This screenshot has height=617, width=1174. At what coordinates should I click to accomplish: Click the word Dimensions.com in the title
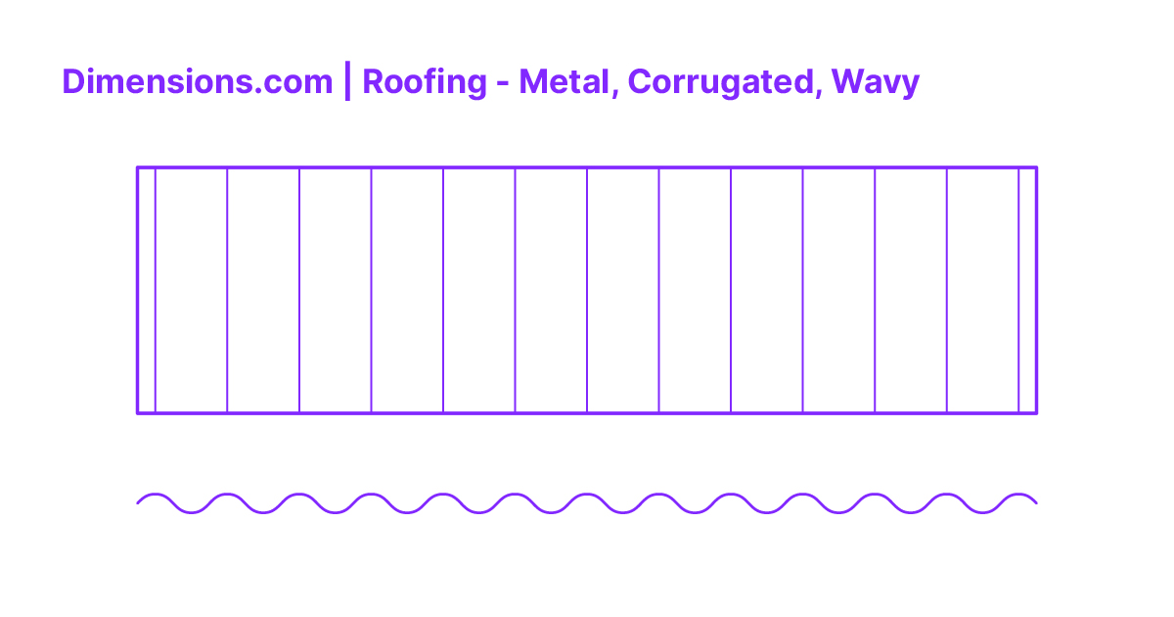point(197,82)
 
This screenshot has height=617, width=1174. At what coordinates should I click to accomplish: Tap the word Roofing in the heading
point(424,82)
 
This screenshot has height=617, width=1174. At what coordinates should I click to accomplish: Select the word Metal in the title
point(566,82)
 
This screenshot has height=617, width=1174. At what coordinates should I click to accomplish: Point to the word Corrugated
point(719,82)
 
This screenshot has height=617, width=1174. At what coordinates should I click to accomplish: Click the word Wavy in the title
point(875,82)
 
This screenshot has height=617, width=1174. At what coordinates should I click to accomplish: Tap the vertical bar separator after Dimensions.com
point(347,82)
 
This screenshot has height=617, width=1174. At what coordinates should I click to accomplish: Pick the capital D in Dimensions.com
point(71,82)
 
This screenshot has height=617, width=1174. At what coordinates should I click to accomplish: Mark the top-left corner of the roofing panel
point(137,167)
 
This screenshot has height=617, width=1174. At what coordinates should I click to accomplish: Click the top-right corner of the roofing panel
point(1036,167)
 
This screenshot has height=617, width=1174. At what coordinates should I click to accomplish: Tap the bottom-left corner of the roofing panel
point(137,413)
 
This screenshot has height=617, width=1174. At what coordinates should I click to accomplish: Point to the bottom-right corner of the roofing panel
point(1036,413)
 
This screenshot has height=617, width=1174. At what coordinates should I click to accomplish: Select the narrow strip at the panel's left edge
point(146,290)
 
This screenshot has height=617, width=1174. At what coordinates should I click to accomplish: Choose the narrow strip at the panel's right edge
point(1027,290)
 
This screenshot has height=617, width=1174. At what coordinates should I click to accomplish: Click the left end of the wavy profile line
point(138,503)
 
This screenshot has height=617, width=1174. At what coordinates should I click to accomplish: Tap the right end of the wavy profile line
point(1036,503)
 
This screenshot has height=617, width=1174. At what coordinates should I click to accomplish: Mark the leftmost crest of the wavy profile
point(156,495)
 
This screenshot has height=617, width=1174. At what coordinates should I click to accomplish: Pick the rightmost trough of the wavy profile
point(982,512)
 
